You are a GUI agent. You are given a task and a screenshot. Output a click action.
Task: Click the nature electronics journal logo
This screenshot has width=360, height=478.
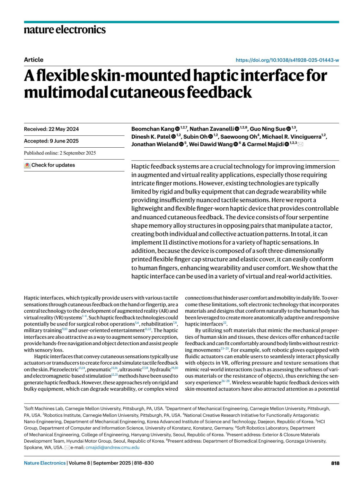tap(65, 30)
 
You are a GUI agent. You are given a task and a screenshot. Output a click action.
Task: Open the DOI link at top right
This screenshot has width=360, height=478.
tap(287, 60)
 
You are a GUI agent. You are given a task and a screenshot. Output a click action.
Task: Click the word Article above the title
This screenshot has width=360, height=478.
tap(34, 60)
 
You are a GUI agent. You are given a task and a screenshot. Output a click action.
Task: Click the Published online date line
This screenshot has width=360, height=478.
tap(60, 153)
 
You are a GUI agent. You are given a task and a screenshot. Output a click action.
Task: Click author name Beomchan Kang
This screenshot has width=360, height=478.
tap(153, 129)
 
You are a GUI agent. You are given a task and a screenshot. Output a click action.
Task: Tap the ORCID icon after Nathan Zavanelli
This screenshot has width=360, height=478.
tap(237, 129)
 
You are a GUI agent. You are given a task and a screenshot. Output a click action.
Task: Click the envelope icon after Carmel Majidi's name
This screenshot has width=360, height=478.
tap(300, 144)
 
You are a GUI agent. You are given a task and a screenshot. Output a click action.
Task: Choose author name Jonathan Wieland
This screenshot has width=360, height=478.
tap(155, 144)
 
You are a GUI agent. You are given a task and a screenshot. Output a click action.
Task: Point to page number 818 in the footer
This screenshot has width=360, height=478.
tap(335, 463)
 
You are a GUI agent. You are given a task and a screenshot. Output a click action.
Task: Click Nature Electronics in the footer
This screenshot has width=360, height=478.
tap(45, 463)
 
